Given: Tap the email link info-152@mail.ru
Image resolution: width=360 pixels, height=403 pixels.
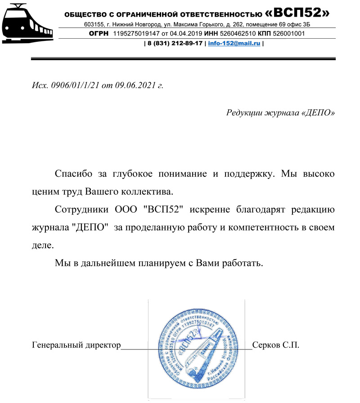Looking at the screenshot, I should [x=234, y=44].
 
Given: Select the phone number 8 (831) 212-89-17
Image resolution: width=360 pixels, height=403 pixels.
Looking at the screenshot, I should [x=175, y=44].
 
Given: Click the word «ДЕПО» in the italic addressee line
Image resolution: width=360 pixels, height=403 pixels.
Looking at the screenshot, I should [x=317, y=112].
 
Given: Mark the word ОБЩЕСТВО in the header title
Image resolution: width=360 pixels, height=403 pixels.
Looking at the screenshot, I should [x=83, y=14].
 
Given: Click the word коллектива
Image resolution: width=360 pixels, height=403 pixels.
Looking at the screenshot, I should [x=147, y=192].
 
